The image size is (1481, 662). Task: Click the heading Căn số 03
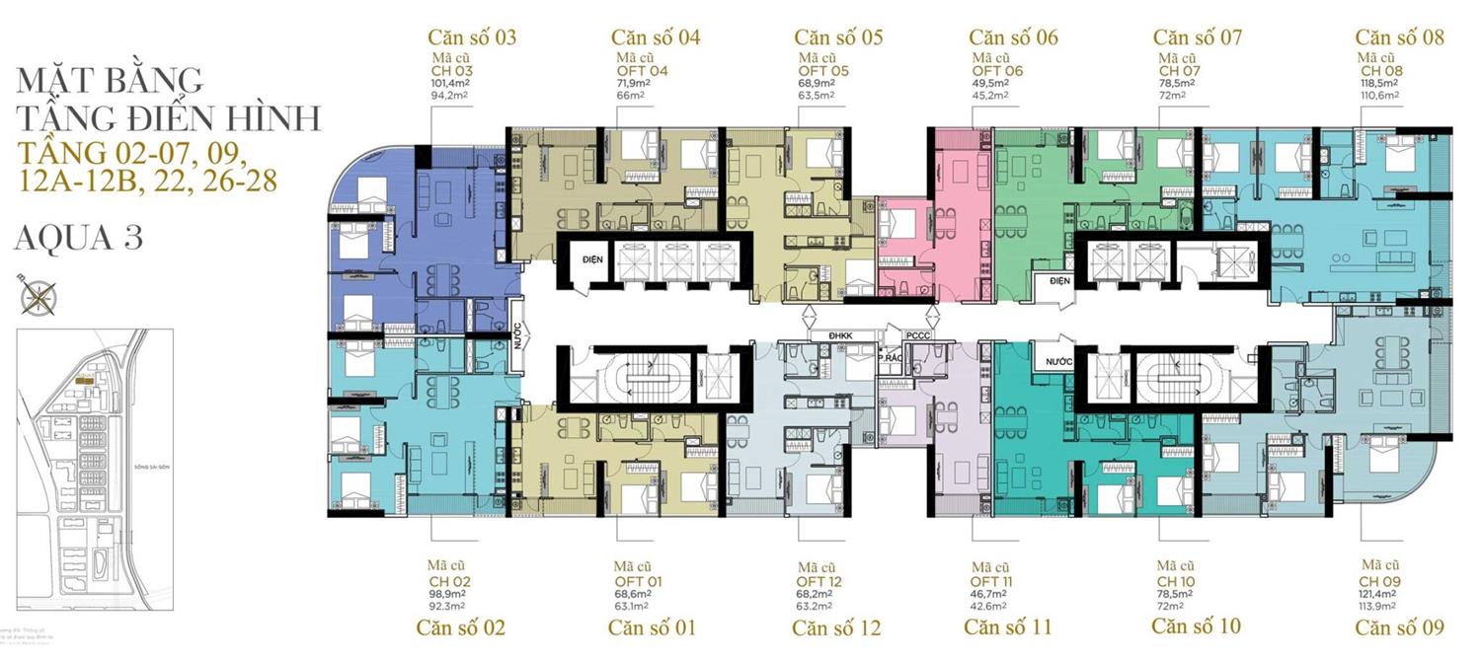(x=472, y=37)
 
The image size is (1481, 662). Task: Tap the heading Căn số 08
(x=1399, y=37)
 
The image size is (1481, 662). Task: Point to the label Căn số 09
(x=1399, y=627)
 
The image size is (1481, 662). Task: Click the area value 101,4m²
(x=450, y=84)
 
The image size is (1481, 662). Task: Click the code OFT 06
(x=997, y=71)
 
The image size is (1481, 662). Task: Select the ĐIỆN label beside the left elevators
(x=592, y=258)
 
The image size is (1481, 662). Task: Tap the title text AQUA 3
(x=80, y=238)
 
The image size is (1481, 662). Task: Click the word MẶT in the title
(x=59, y=78)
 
